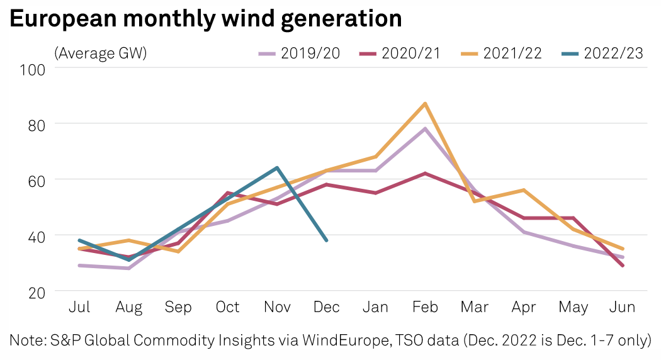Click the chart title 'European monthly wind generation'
[x=206, y=20]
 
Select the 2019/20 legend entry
[x=300, y=53]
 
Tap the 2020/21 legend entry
[x=400, y=53]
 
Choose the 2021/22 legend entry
[x=500, y=53]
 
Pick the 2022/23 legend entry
[x=602, y=53]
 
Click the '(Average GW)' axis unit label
[x=101, y=53]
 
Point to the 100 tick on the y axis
[x=33, y=69]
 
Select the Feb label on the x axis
[x=425, y=307]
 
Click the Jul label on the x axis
[x=79, y=307]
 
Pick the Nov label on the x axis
[x=276, y=307]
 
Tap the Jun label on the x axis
[x=623, y=307]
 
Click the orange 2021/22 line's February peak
[x=425, y=103]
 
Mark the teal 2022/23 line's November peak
[x=276, y=168]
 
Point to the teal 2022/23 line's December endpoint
[x=326, y=240]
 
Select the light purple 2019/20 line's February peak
[x=425, y=129]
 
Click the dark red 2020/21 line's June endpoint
[x=623, y=266]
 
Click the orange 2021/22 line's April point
[x=524, y=190]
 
